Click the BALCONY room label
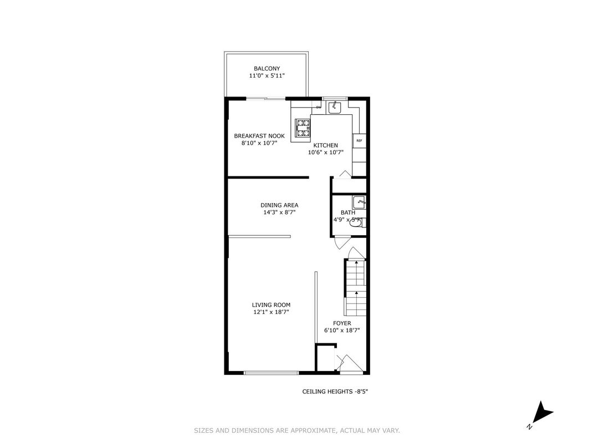click(x=267, y=69)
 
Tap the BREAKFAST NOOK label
click(x=259, y=136)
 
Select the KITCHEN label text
click(x=325, y=145)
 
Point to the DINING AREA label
click(x=279, y=205)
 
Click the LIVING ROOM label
click(x=272, y=305)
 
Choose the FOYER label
click(x=342, y=323)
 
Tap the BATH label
click(x=348, y=212)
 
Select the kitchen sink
click(x=335, y=108)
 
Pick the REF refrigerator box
click(x=359, y=141)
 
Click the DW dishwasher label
click(x=319, y=107)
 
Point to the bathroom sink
click(x=359, y=202)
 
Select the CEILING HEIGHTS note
click(x=335, y=392)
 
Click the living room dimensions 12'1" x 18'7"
click(x=272, y=312)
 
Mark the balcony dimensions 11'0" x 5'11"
click(x=267, y=75)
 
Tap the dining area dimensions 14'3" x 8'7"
click(x=279, y=212)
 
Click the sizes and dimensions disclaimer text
click(x=297, y=430)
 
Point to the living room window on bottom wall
click(x=272, y=373)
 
